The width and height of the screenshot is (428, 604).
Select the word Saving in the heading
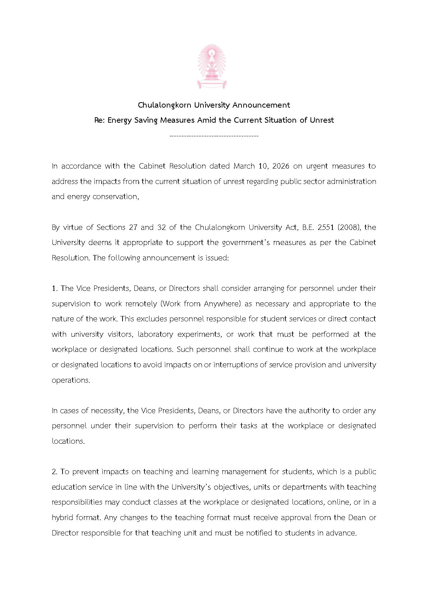[146, 120]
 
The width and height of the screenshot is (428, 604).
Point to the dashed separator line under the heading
[213, 136]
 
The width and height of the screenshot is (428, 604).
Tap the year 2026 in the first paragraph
[281, 166]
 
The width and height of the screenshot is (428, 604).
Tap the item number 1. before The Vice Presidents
[55, 288]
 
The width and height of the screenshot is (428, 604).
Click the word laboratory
[155, 334]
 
